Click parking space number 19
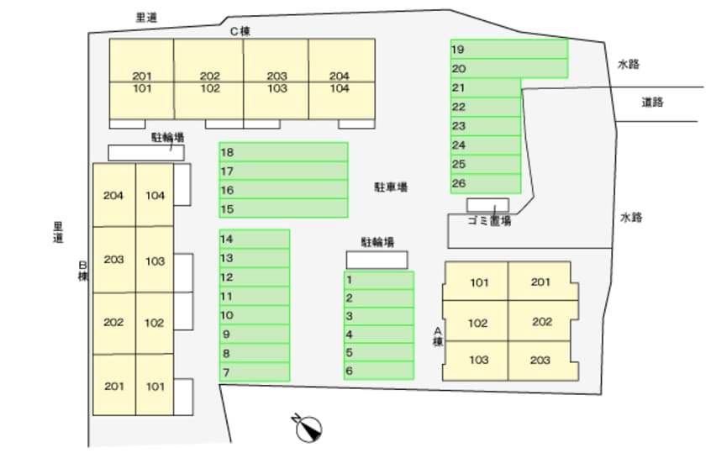pos(508,49)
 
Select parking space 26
pos(485,183)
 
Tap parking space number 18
pos(283,152)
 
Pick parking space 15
pos(283,208)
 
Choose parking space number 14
pos(255,239)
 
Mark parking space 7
pos(255,371)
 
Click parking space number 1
pos(378,280)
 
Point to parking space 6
pos(378,371)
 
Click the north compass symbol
pos(308,428)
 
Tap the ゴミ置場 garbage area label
pos(488,221)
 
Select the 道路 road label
pos(652,103)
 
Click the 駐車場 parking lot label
pos(391,187)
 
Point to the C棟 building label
pos(240,32)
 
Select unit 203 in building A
pos(540,360)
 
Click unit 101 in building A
pos(477,282)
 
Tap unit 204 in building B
pos(113,195)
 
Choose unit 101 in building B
pos(155,387)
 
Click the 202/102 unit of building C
pos(210,82)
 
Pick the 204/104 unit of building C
pos(340,82)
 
